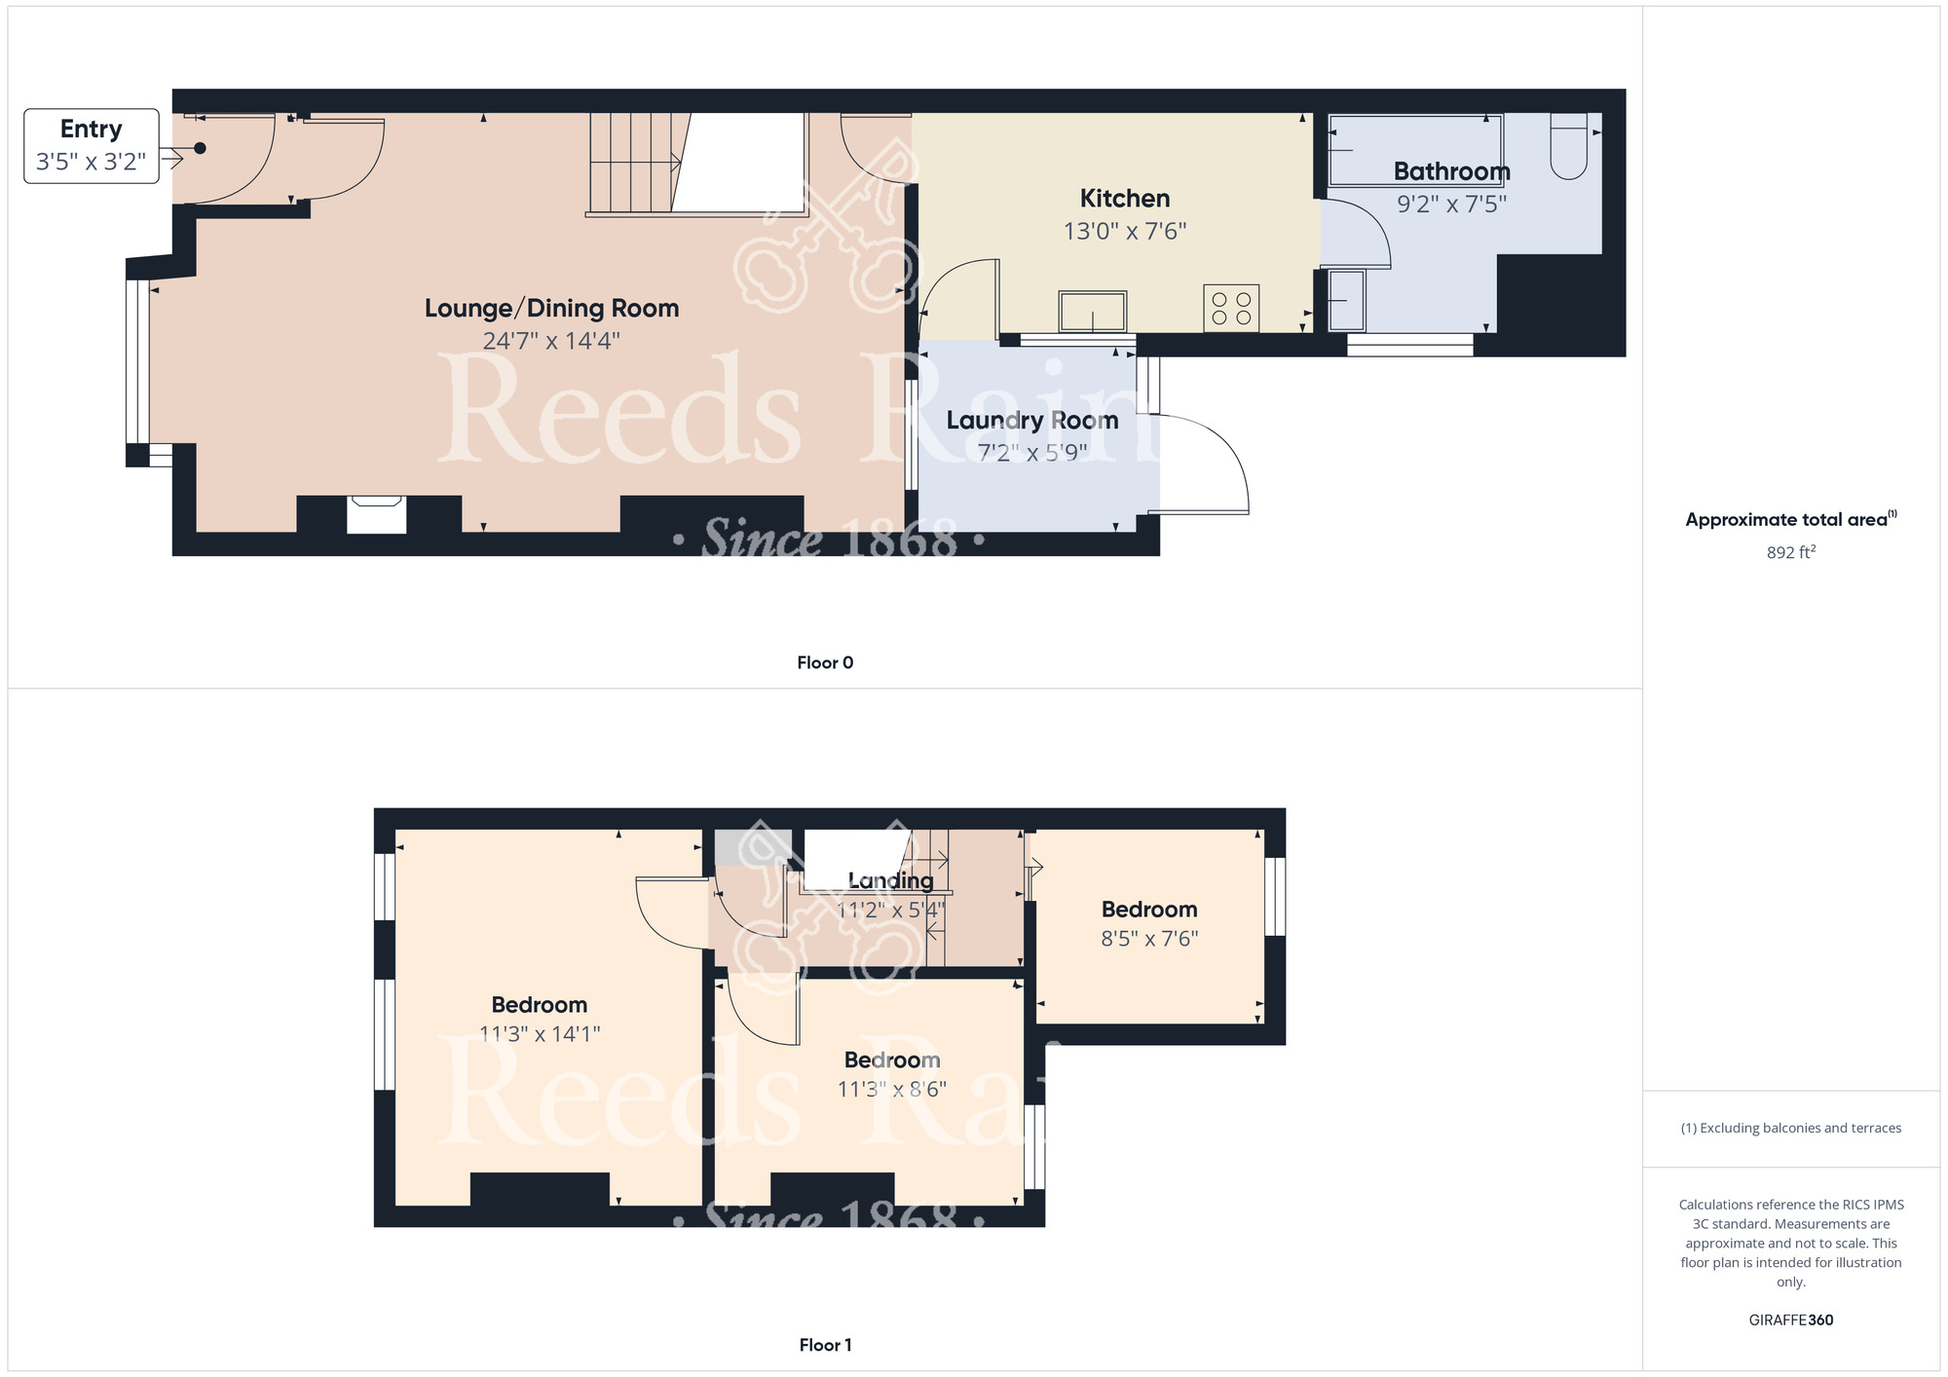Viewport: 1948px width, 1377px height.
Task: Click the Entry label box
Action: [x=92, y=146]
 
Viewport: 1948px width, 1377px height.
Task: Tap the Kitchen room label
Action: [x=1124, y=199]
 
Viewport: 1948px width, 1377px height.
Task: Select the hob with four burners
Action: [x=1231, y=308]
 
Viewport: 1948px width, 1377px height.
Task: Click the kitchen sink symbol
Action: [x=1093, y=312]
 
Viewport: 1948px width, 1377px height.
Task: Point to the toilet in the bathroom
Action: [x=1568, y=146]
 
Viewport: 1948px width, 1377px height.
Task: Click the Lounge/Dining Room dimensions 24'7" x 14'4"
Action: [x=551, y=341]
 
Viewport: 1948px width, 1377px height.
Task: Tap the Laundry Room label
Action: [x=1032, y=421]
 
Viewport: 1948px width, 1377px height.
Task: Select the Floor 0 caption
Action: [x=825, y=662]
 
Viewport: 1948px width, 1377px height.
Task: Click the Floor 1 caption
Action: [x=825, y=1345]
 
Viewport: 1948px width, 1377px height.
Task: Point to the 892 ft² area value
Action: [x=1790, y=552]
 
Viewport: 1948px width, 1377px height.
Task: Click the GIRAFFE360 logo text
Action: [x=1790, y=1321]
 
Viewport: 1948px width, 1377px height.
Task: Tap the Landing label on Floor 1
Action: [x=890, y=881]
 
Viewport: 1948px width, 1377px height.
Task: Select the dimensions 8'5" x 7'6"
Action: [x=1149, y=939]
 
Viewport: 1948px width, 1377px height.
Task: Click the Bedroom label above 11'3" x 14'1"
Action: [x=539, y=1005]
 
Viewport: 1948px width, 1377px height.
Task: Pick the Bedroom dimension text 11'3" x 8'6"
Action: [x=891, y=1089]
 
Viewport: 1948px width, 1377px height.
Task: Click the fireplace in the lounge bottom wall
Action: [x=377, y=514]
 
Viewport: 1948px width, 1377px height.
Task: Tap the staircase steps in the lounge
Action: [x=633, y=163]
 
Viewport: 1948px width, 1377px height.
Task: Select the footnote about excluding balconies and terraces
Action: [x=1790, y=1128]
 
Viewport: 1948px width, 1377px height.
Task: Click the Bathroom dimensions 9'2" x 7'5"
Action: [x=1451, y=205]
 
